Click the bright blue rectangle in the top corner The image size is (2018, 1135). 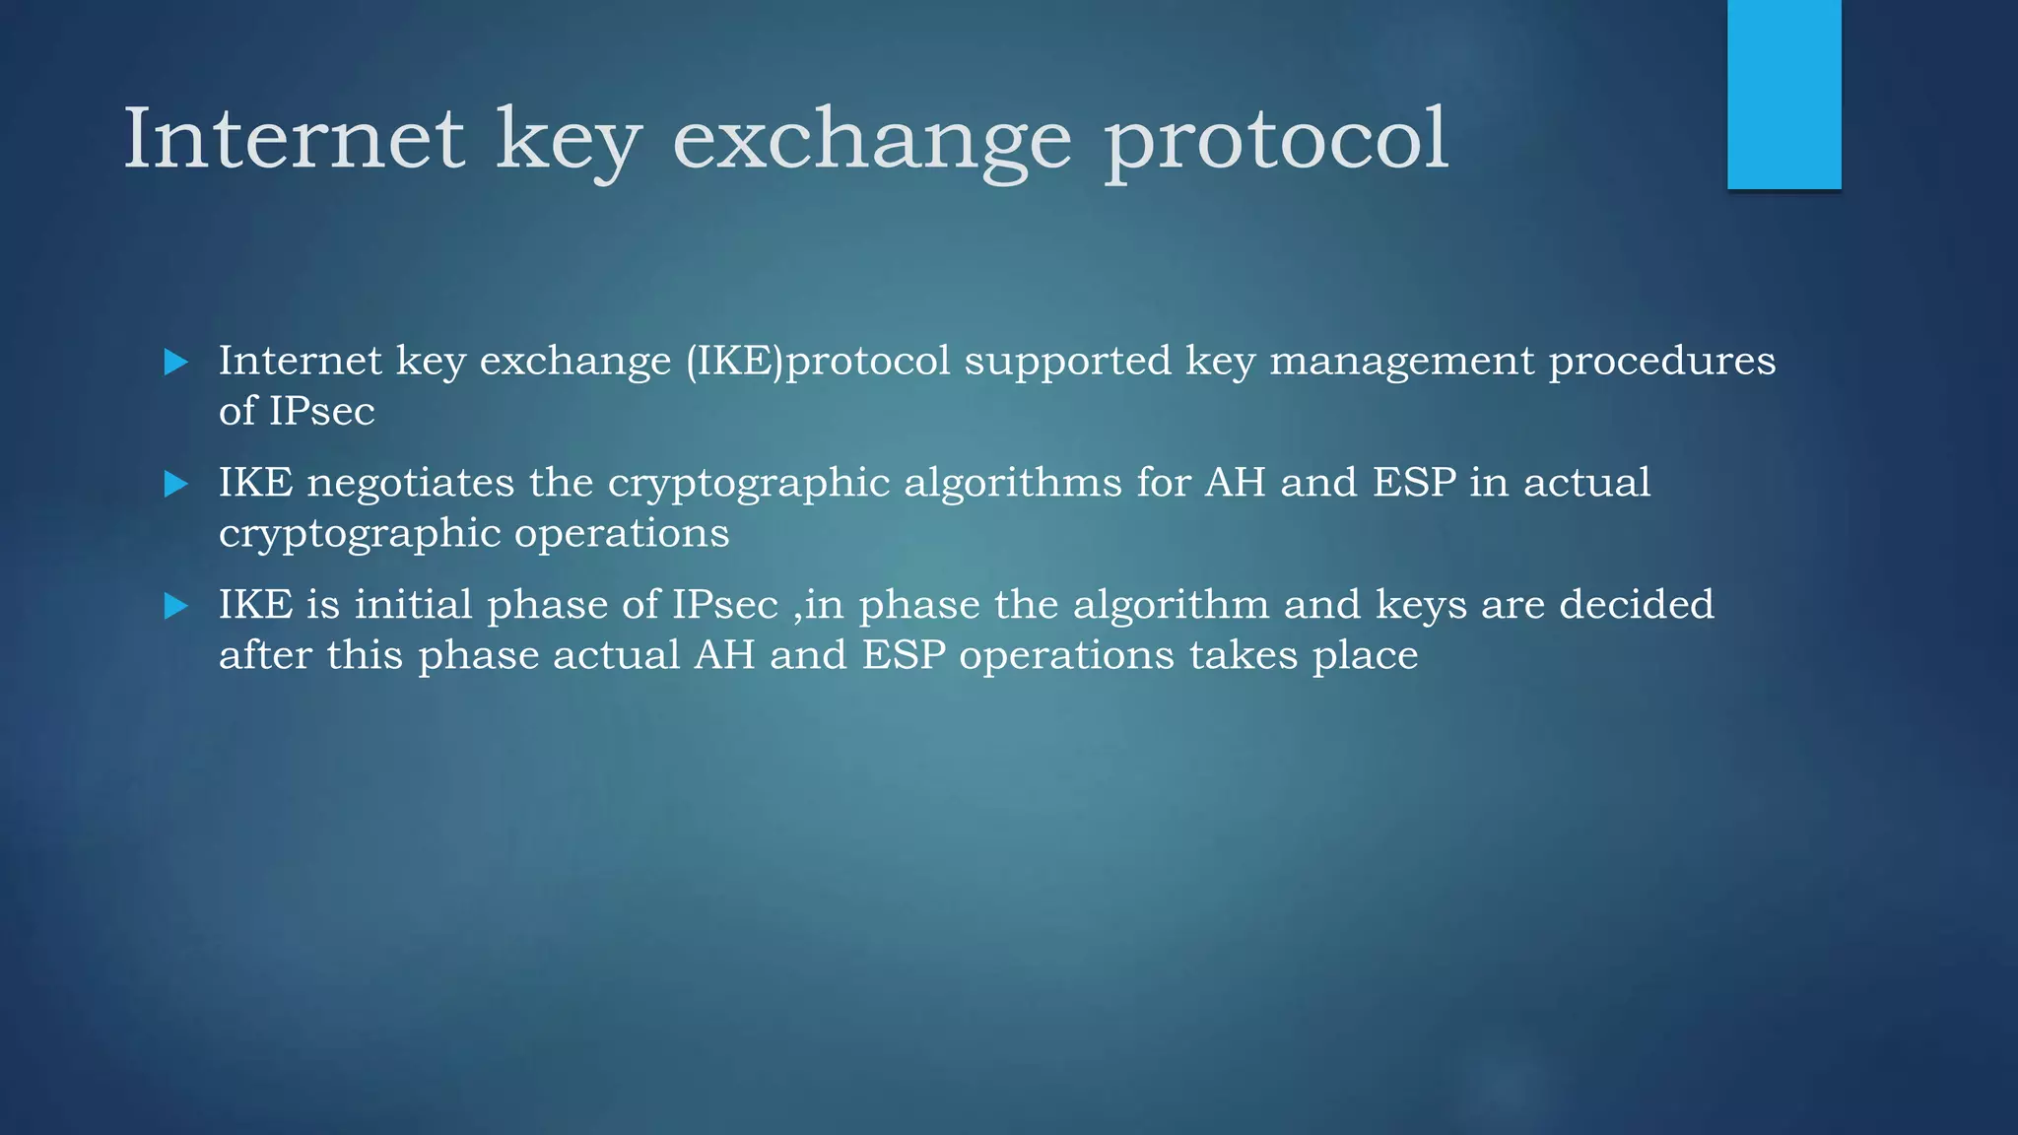(1783, 94)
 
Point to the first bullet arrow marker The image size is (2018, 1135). (176, 362)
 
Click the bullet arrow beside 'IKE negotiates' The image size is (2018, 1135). (176, 484)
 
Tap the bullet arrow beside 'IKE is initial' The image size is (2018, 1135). (176, 606)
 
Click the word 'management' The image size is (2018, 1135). (1402, 362)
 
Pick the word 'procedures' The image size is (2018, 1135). (1662, 362)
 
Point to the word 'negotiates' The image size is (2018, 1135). (410, 483)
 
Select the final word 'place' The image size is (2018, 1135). (1365, 656)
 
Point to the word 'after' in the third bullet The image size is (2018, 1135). (266, 655)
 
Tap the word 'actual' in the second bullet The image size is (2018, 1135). (1586, 483)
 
